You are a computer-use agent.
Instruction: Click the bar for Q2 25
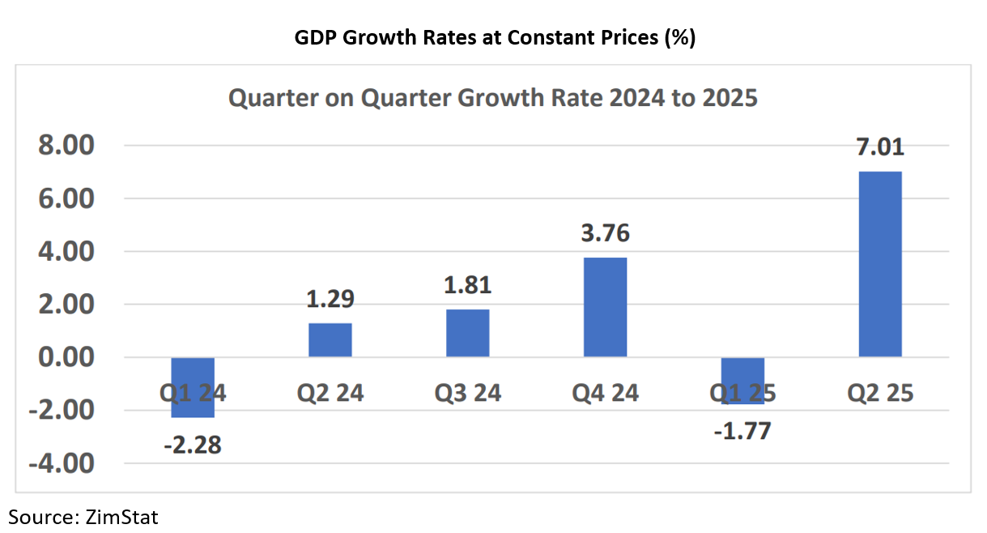click(880, 264)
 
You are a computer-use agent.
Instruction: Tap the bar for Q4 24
click(605, 307)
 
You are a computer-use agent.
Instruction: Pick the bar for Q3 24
click(467, 333)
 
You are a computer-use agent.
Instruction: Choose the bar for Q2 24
click(330, 340)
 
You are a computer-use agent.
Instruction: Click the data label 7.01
click(880, 147)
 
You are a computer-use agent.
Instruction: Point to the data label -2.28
click(193, 446)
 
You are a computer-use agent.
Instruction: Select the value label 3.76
click(605, 233)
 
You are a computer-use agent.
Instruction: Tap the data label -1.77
click(742, 430)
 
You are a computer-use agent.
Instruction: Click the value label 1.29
click(330, 299)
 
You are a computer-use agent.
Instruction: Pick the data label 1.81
click(467, 285)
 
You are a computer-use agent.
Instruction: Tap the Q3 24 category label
click(467, 394)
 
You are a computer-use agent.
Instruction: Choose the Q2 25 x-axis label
click(880, 394)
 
